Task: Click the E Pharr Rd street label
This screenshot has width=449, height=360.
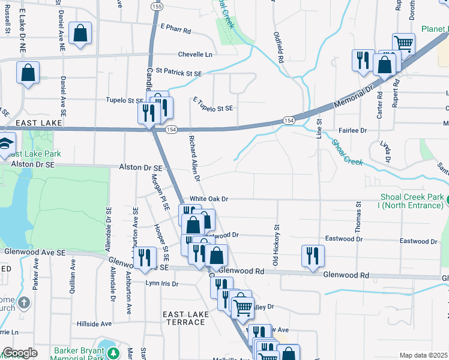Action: [x=175, y=28]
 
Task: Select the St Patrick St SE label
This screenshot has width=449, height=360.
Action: [x=179, y=71]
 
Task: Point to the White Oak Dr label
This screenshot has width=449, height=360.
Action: [x=209, y=199]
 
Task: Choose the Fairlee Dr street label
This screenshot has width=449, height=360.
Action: [x=353, y=130]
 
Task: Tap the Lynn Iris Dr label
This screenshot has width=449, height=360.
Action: [x=162, y=282]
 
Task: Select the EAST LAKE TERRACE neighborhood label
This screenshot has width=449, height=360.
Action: [x=186, y=318]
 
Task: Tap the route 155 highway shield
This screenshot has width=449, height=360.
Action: [x=157, y=6]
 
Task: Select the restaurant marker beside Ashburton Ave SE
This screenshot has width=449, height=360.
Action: [x=144, y=257]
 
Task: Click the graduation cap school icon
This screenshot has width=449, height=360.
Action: [x=5, y=143]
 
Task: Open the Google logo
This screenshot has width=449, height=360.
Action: [x=20, y=353]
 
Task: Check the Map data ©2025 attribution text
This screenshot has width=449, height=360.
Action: [x=423, y=355]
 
